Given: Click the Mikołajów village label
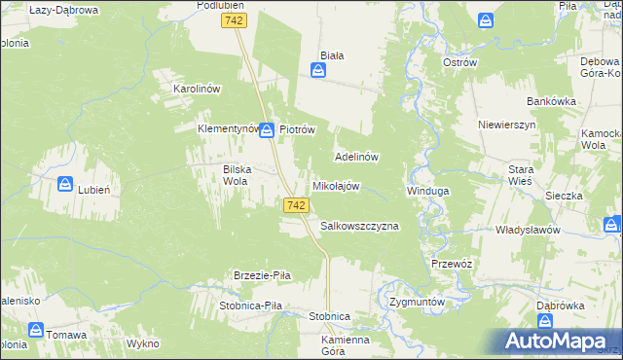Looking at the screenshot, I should point(336,186).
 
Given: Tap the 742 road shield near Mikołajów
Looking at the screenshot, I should point(298,205).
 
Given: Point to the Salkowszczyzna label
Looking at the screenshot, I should point(359,226).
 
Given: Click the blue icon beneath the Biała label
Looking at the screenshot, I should point(318,71).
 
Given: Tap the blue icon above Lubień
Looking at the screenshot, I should point(65,182).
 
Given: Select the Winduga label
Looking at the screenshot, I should point(427,191).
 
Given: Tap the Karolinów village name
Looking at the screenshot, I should point(198,89).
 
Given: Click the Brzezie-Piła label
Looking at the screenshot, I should point(263,275).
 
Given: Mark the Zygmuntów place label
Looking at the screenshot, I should point(416,302).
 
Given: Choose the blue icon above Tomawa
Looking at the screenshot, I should point(34,330).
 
